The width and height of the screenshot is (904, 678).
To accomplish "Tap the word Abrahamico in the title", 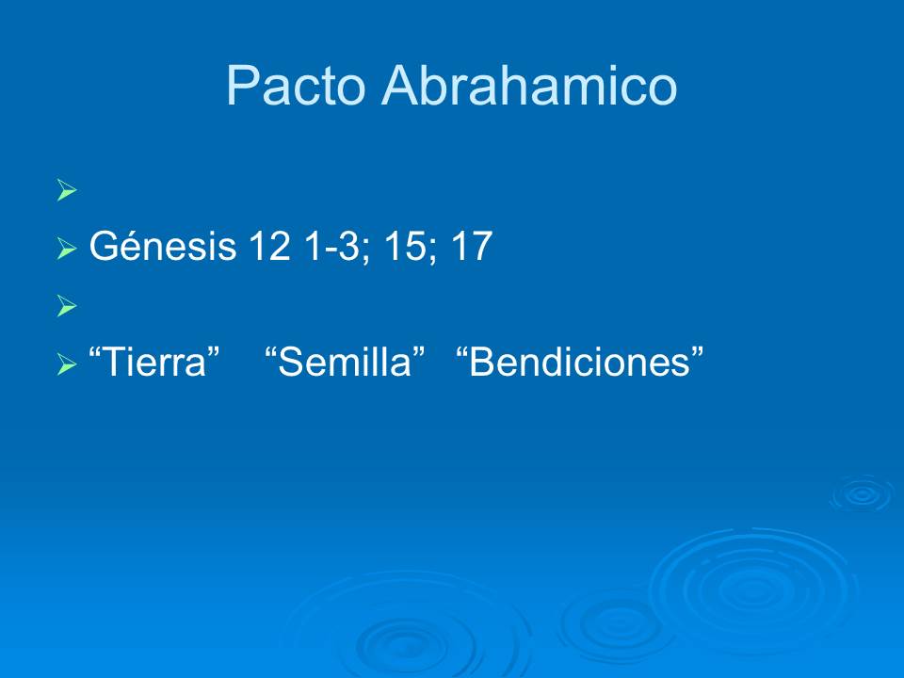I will click(x=528, y=87).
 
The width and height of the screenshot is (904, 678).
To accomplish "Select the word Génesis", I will click(x=162, y=249).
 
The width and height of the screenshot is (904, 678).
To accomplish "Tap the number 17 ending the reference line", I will click(x=470, y=249).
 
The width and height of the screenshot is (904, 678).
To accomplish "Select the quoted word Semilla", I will click(x=347, y=363).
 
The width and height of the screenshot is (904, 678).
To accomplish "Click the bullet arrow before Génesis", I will click(x=65, y=250).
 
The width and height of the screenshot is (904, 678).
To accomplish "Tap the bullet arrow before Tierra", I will click(x=65, y=364).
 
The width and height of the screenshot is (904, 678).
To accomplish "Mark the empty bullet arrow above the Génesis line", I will click(x=65, y=192).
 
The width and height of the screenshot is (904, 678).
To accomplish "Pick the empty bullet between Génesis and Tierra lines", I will click(x=65, y=305).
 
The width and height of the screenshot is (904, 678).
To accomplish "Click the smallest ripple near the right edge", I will click(x=861, y=493).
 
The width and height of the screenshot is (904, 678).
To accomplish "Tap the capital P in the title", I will click(x=242, y=87).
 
